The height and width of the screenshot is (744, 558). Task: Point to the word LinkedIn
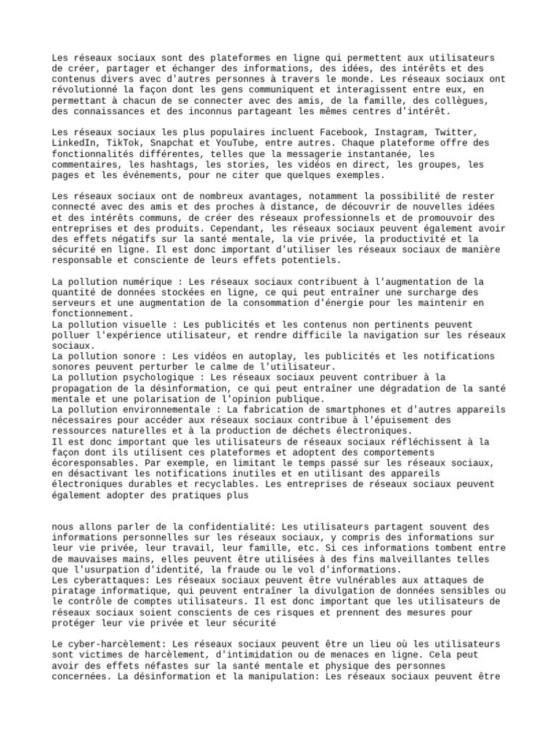pos(75,144)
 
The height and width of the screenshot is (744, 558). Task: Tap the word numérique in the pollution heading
pos(131,281)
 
